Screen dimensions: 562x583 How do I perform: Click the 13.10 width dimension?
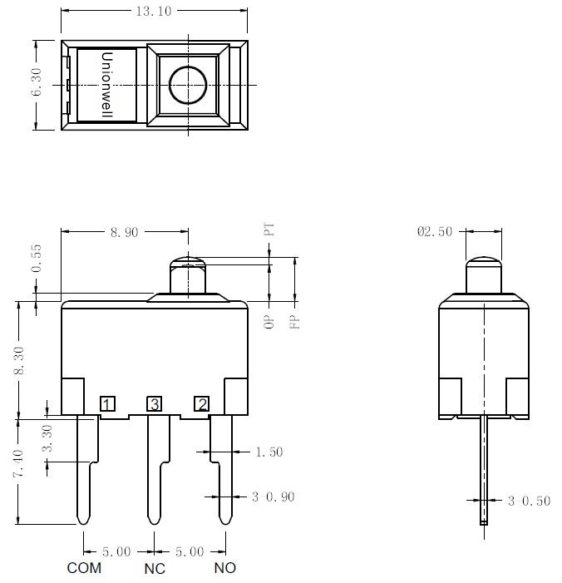(154, 11)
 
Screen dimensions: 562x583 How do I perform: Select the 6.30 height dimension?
(37, 82)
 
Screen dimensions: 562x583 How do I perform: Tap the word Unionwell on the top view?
(106, 85)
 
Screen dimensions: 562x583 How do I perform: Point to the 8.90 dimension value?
(124, 232)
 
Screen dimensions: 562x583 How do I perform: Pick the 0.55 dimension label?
(37, 259)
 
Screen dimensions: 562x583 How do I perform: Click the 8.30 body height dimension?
(18, 361)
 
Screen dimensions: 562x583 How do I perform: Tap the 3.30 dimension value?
(47, 438)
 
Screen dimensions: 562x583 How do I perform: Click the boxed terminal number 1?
(108, 404)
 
